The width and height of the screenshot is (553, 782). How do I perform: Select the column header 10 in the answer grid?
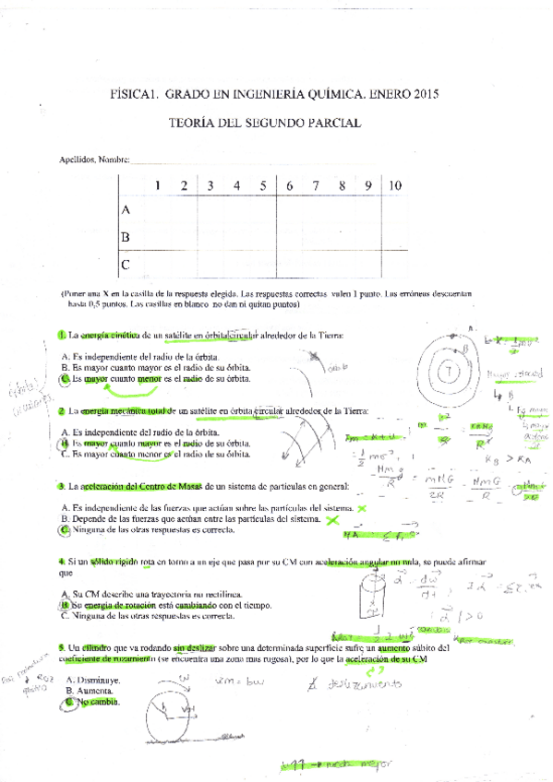coord(395,185)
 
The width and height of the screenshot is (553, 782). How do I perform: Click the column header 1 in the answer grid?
coord(158,185)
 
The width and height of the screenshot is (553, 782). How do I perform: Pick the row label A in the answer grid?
coord(126,210)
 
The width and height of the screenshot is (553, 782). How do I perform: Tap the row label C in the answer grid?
coord(126,265)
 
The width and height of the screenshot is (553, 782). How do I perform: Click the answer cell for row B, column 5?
coord(263,237)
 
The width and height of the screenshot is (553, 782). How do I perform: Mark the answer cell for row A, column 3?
coord(210,210)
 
